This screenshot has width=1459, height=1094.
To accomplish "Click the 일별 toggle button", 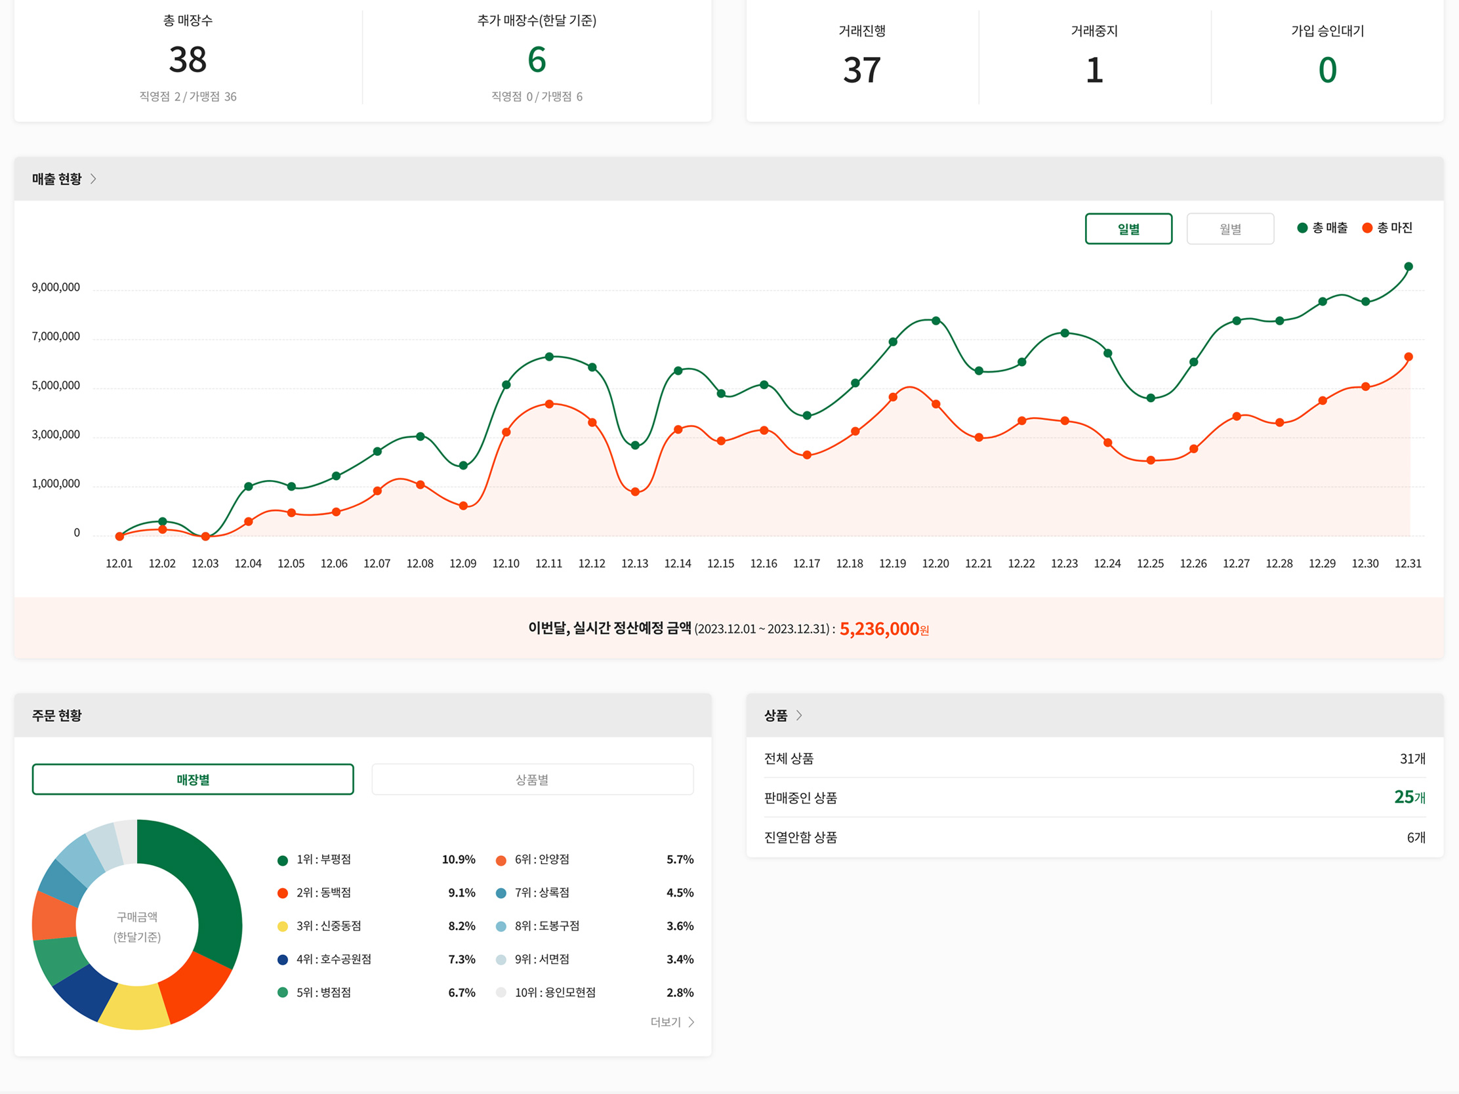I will pos(1128,229).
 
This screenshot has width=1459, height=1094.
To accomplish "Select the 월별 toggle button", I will pos(1229,229).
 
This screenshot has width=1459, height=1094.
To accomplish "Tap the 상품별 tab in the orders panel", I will pos(531,779).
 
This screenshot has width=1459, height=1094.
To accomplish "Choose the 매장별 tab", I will pos(193,779).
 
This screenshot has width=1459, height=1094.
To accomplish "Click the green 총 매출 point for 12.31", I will pos(1408,267).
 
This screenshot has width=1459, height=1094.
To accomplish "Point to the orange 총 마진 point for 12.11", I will pos(550,404).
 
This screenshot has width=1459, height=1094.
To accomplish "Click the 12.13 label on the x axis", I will pos(634,564).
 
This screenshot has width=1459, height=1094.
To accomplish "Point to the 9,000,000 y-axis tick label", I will pos(56,287).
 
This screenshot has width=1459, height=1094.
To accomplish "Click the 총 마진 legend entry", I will pos(1387,228).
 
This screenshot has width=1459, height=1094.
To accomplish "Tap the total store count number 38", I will pos(188,60).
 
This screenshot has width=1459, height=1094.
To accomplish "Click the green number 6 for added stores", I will pos(537,60).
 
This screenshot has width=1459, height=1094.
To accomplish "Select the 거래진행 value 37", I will pos(862,70).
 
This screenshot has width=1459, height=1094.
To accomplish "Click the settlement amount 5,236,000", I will pos(879,629).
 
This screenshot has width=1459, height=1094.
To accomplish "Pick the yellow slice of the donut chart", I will pos(135,1006).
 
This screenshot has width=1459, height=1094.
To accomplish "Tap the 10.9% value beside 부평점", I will pos(459,860).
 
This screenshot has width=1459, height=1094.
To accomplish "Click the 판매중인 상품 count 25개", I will pos(1410,798).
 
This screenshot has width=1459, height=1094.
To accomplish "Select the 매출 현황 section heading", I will pos(57,179).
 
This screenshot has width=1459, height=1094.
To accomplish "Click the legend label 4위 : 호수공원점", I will pos(333,960).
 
